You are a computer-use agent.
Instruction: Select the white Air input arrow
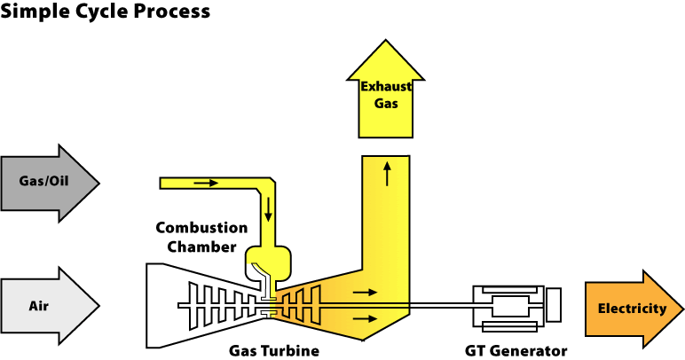(49, 306)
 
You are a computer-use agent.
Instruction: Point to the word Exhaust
(384, 86)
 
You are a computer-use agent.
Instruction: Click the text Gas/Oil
(43, 183)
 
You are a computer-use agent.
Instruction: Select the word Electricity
(632, 309)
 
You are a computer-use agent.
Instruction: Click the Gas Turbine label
(273, 351)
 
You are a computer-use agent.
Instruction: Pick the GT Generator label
(516, 351)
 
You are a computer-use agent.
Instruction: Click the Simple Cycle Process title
(105, 12)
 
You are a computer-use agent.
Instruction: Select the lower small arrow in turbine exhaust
(364, 317)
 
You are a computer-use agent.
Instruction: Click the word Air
(38, 306)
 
